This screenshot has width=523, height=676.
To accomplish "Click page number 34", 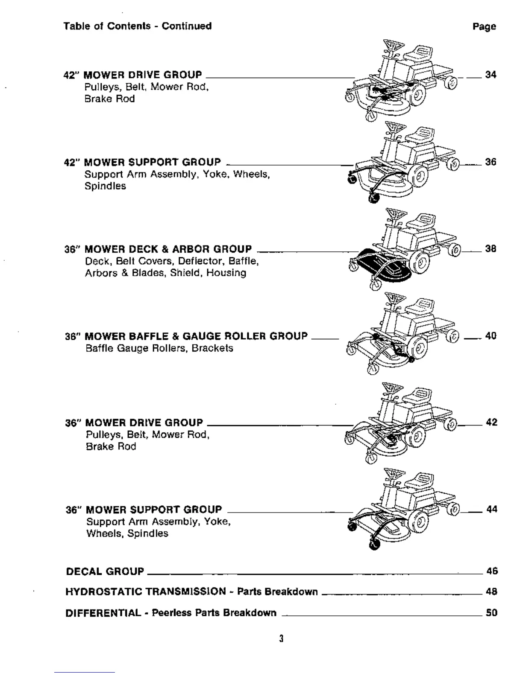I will point(491,75).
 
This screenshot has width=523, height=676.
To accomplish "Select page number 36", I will point(491,162).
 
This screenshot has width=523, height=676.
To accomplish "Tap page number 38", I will point(491,249).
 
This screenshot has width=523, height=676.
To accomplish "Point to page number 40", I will point(491,336).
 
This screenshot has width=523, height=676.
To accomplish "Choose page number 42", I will point(491,422).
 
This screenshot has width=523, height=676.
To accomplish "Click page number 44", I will point(492,509).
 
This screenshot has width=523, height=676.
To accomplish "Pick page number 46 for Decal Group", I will point(492,571).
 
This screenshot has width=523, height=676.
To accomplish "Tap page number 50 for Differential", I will point(492,613).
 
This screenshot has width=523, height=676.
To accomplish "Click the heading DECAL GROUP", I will point(105,571).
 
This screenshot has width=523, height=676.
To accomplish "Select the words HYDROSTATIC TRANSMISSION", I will point(145,591).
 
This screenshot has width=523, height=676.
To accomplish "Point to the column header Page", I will point(484,26).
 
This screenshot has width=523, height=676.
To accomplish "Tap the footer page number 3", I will point(281,639).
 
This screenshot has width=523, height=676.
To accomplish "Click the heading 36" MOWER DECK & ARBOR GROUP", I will point(158,249).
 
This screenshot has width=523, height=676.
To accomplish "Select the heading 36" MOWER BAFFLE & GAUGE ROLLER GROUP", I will point(186,336).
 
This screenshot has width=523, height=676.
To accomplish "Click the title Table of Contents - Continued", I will point(138,26).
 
